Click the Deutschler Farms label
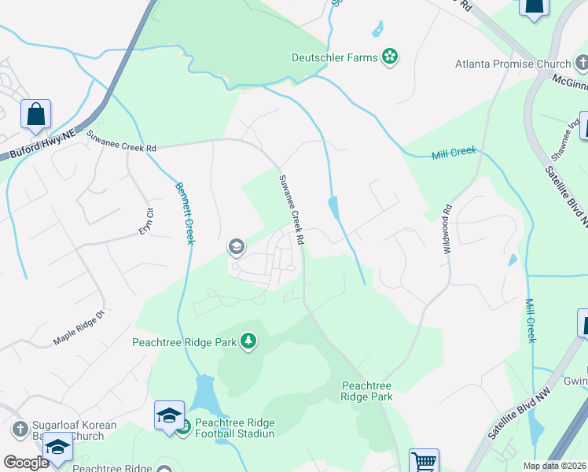point(335,57)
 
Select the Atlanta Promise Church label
point(511,64)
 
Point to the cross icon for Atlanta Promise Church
point(579,63)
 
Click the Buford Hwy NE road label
point(39,147)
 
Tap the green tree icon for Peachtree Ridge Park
point(248,341)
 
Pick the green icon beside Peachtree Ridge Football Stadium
point(183,428)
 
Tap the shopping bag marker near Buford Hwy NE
point(36,115)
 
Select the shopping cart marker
point(424,460)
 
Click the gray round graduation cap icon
point(235,247)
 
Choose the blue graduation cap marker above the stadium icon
point(169,415)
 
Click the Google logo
point(27,463)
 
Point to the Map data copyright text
point(554,466)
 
